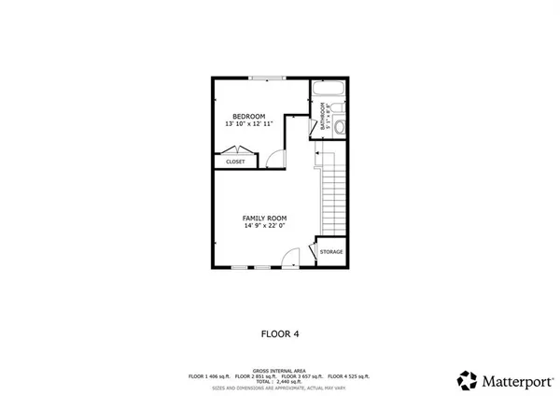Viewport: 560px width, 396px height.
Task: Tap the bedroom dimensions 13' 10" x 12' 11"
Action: coord(249,124)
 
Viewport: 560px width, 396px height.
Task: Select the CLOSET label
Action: coord(235,162)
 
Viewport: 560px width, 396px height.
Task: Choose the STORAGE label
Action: coord(331,252)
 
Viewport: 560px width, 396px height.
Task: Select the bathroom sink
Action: coord(341,106)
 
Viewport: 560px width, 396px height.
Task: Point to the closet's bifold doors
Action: coord(233,149)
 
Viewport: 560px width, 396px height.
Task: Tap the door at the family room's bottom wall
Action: coord(293,257)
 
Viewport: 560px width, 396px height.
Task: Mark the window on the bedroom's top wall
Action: coord(266,78)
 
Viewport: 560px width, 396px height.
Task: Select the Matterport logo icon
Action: coord(467,380)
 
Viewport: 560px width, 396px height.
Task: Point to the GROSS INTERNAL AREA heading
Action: coord(280,370)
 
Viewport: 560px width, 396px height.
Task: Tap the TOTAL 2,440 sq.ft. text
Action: coord(280,381)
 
